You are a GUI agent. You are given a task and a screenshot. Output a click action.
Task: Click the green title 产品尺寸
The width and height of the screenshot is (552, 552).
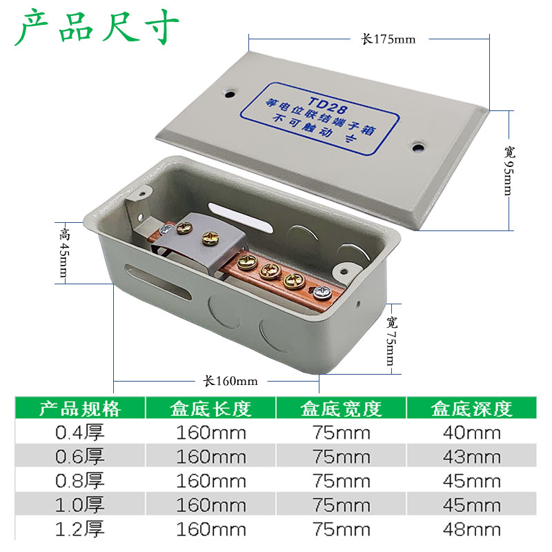[x=97, y=28]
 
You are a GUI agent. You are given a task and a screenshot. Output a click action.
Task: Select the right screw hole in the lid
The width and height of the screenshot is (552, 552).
[x=417, y=146]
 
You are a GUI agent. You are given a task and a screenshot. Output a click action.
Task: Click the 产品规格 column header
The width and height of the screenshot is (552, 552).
[x=80, y=408]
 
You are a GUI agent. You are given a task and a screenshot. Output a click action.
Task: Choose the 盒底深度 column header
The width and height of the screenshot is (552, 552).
[x=473, y=408]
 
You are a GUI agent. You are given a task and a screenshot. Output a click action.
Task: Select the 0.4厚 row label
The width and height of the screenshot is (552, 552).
[x=80, y=433]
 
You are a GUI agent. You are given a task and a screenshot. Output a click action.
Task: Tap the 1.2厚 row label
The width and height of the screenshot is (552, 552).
[x=80, y=530]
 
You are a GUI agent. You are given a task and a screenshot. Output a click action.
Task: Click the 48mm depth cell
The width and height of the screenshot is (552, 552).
[x=473, y=530]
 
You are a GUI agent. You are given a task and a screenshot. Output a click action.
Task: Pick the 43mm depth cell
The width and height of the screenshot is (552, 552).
[x=473, y=457]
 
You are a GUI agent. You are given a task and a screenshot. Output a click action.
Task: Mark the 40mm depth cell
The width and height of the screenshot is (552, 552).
[x=473, y=433]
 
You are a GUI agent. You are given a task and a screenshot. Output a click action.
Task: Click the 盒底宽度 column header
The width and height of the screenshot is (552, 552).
[x=342, y=408]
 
